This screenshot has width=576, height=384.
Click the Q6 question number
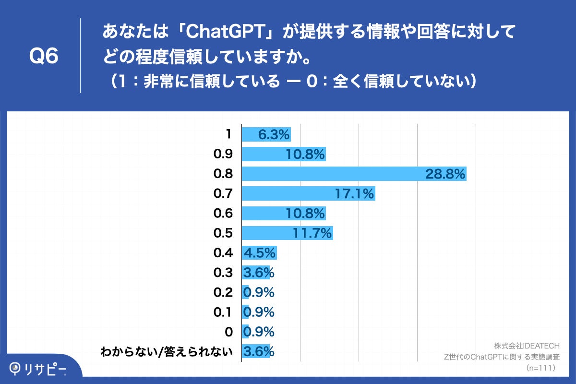(x=44, y=57)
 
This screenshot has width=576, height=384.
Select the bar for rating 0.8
(x=354, y=174)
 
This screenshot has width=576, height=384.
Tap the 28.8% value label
(x=445, y=174)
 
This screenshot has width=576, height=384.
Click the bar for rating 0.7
(x=308, y=194)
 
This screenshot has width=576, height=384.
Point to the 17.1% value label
(x=354, y=194)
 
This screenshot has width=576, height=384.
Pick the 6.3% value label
(x=274, y=135)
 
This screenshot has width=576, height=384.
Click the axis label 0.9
(x=223, y=155)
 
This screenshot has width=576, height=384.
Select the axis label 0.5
(x=223, y=233)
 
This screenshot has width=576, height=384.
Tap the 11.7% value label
(x=312, y=233)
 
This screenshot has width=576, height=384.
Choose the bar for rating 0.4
(x=259, y=253)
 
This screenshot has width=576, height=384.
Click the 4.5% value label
(x=260, y=253)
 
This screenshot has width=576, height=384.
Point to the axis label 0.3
(x=223, y=273)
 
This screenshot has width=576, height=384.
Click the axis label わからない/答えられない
(x=166, y=352)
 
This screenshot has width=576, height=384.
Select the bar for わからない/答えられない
(x=255, y=351)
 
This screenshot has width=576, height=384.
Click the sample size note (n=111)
(x=541, y=368)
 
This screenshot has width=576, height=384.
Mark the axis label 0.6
(x=223, y=214)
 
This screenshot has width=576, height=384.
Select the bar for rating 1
(x=266, y=135)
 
